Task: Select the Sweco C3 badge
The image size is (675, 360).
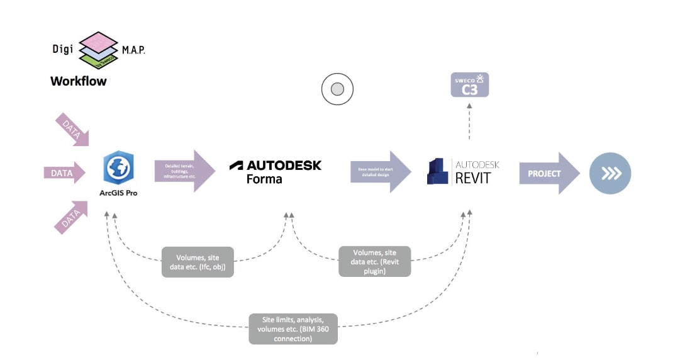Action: [469, 85]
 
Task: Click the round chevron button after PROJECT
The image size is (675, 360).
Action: [610, 173]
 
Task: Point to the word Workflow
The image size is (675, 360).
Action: [79, 81]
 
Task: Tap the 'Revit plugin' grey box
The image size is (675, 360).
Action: [374, 261]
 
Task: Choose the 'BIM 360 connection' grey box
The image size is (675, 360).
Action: [293, 329]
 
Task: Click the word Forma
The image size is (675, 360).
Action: [264, 179]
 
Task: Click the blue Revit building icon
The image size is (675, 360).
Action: [438, 171]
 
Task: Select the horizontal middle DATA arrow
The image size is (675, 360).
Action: [64, 172]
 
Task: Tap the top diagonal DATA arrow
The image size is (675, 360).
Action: [72, 130]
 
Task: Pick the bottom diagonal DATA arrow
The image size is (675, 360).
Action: [72, 217]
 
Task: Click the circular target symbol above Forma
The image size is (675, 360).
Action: [337, 89]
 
